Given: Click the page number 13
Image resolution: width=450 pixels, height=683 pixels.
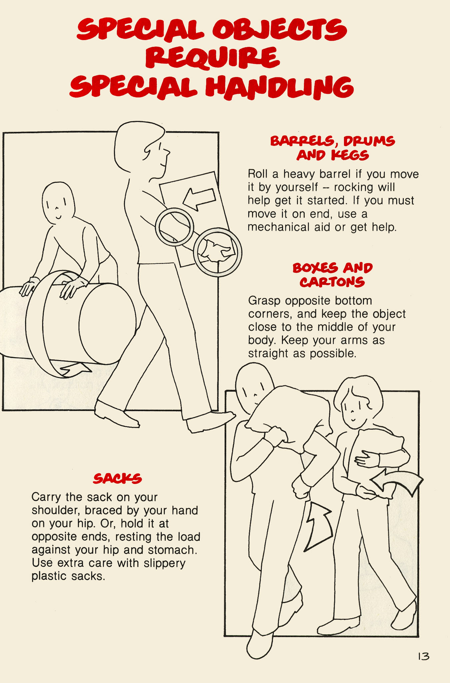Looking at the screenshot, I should [423, 656].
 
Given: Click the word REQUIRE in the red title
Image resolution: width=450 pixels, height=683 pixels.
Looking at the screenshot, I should [212, 57].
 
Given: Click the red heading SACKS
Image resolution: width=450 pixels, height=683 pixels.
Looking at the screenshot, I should [117, 479].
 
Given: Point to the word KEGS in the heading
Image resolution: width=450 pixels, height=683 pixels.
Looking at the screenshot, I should [350, 155].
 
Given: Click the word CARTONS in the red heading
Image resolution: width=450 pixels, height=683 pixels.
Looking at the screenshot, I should [332, 282].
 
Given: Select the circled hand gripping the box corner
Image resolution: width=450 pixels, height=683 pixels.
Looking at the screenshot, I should [217, 252].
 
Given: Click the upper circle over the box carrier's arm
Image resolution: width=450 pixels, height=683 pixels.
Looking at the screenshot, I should [174, 227].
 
